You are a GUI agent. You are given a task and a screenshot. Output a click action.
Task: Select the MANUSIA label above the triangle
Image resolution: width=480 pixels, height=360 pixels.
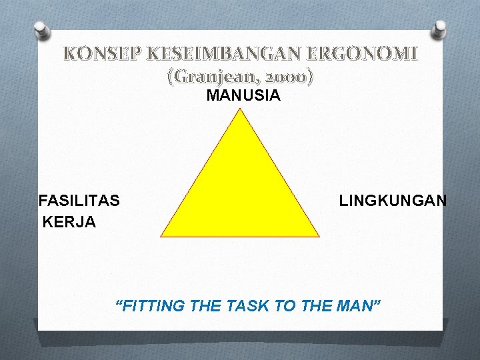(x=243, y=96)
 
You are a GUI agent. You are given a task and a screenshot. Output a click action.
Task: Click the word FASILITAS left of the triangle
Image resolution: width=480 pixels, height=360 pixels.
(x=79, y=201)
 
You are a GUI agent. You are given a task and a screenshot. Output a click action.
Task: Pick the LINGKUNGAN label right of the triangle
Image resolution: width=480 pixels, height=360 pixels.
(x=393, y=201)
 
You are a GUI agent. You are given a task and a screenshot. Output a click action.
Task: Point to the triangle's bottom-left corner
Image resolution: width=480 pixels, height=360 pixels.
(x=162, y=235)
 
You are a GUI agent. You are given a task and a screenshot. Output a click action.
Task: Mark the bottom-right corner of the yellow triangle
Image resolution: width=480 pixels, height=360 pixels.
(x=318, y=235)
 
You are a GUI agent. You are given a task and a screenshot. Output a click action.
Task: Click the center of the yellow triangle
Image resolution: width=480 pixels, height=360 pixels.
(x=240, y=193)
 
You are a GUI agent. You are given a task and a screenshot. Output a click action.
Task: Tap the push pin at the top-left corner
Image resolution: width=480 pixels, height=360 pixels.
(x=41, y=30)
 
